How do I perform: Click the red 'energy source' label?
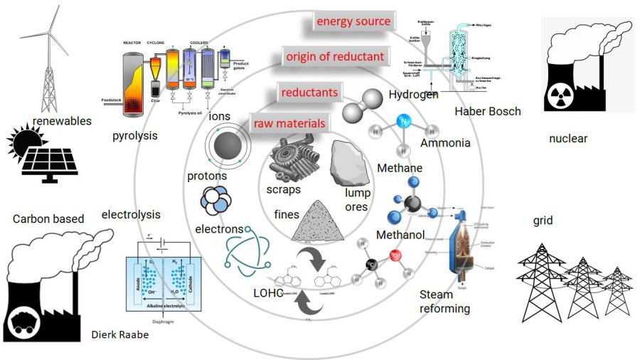click(x=353, y=21)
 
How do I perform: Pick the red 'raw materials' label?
click(x=289, y=124)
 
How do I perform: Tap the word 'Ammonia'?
click(x=445, y=143)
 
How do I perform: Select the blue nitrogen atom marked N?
click(x=404, y=122)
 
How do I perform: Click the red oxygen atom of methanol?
click(x=395, y=256)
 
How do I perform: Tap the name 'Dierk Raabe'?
click(x=120, y=334)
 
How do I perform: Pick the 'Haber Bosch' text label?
click(x=488, y=112)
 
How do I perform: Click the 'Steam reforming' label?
click(x=444, y=301)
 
